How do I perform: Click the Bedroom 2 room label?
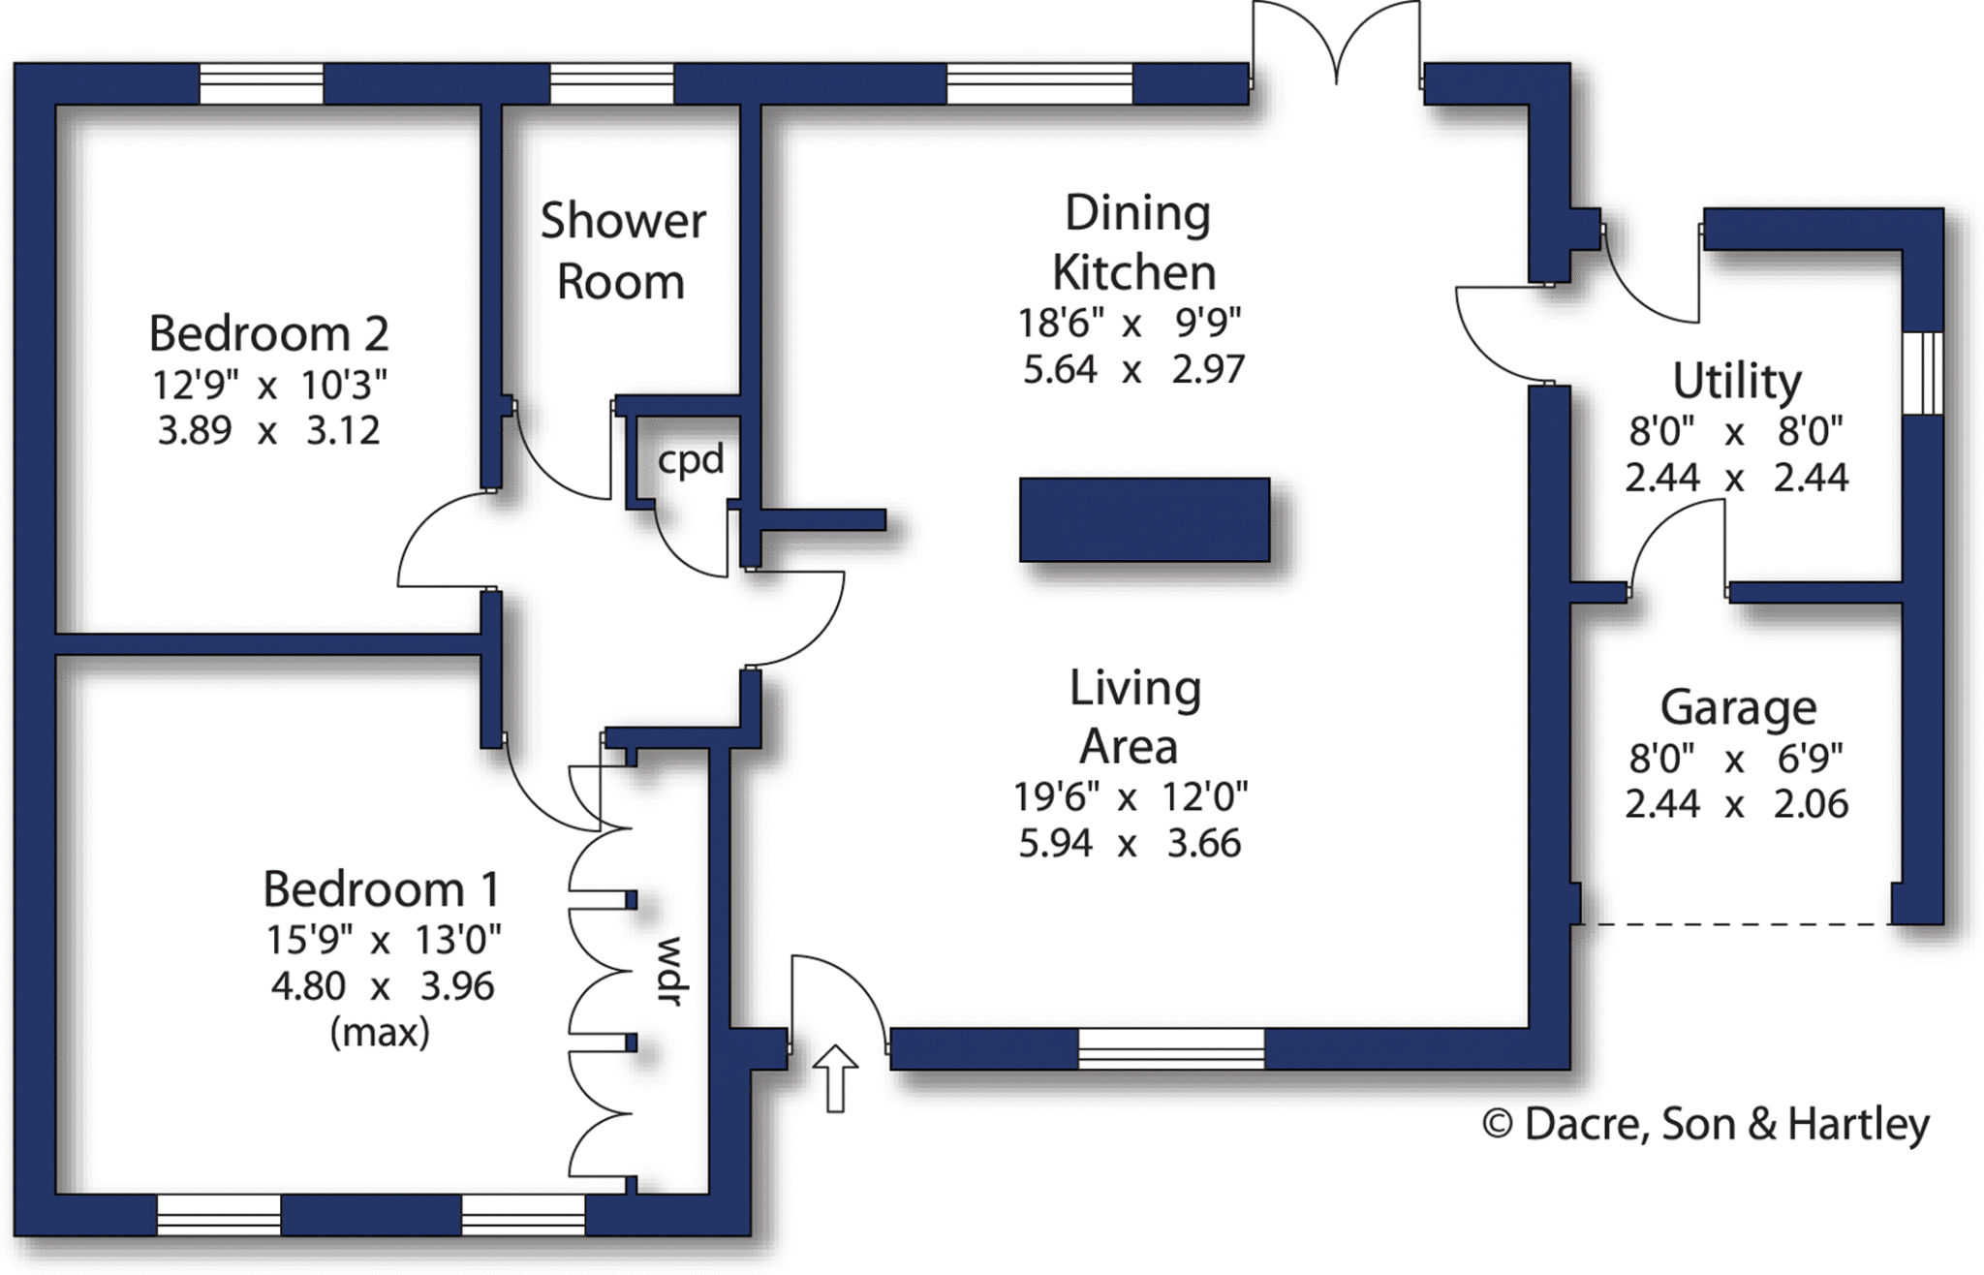(x=268, y=334)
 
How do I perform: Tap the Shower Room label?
(x=622, y=251)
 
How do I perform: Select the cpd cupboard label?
(x=691, y=459)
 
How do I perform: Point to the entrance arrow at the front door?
(x=834, y=1077)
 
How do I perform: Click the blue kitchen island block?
(x=1144, y=519)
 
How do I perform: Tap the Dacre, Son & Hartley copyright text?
(x=1706, y=1125)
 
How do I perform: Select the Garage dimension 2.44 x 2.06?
(x=1736, y=804)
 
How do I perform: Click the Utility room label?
(x=1736, y=381)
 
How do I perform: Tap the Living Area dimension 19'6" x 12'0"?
(x=1130, y=797)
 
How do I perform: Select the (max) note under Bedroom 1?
(x=380, y=1033)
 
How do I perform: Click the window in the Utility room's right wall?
(x=1922, y=373)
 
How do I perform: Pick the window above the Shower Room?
(x=611, y=84)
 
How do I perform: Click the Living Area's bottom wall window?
(x=1170, y=1049)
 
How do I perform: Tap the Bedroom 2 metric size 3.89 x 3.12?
(x=268, y=430)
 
